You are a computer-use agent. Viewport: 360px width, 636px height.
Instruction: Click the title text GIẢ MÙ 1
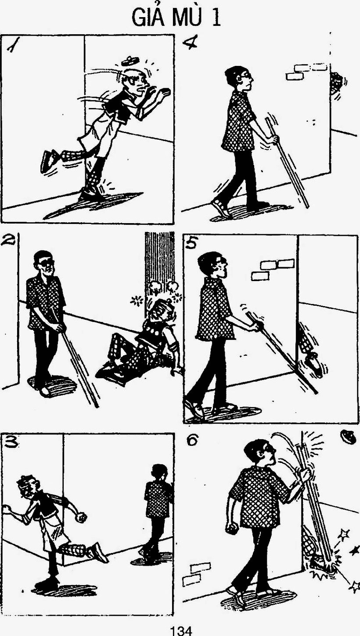(x=176, y=17)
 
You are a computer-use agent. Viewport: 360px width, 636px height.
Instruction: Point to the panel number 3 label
(x=11, y=441)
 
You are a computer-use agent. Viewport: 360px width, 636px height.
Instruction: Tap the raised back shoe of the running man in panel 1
(x=49, y=161)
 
